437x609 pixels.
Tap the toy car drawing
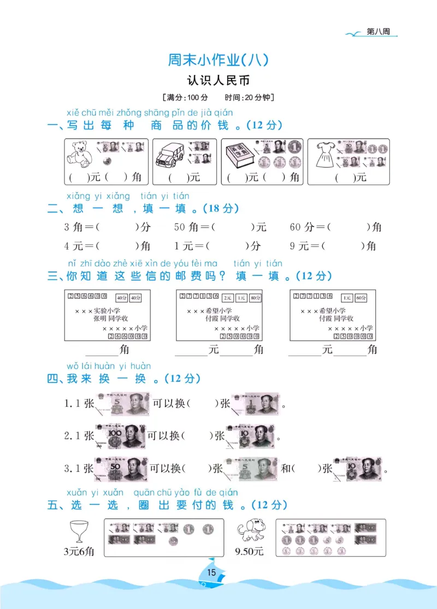(x=168, y=156)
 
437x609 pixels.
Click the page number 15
(x=211, y=572)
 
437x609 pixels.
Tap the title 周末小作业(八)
(x=218, y=59)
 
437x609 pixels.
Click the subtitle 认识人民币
(x=218, y=80)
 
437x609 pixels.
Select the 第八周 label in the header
(x=379, y=32)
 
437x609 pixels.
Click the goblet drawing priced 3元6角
(x=80, y=530)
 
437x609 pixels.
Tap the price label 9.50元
(x=249, y=552)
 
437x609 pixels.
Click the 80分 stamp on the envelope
(x=255, y=298)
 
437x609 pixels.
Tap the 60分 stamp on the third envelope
(x=361, y=298)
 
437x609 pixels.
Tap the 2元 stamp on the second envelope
(x=228, y=298)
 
